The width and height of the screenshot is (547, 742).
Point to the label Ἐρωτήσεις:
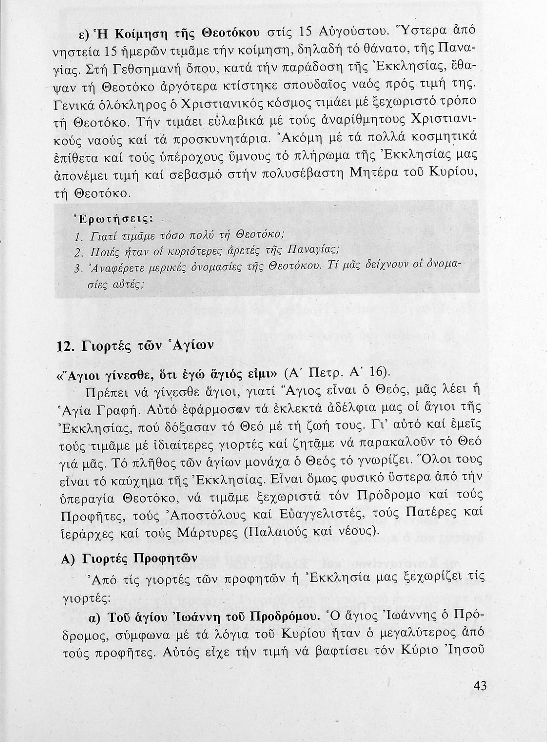click(113, 218)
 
